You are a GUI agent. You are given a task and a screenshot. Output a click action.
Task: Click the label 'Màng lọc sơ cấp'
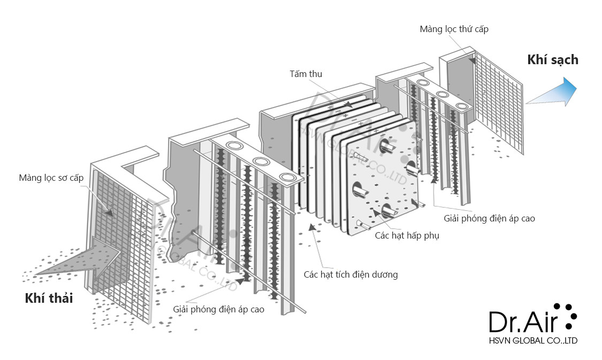pyautogui.click(x=51, y=178)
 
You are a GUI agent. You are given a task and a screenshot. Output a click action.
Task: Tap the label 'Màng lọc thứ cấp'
pyautogui.click(x=454, y=29)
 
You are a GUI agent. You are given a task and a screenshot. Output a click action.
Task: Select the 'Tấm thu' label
pyautogui.click(x=306, y=74)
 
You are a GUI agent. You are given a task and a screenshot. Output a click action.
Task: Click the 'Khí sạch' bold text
pyautogui.click(x=552, y=59)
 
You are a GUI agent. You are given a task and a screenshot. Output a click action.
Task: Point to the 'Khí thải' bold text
pyautogui.click(x=49, y=298)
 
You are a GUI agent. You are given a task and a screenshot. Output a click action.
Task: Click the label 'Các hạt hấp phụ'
pyautogui.click(x=407, y=235)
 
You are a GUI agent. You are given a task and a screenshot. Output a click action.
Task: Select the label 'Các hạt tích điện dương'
pyautogui.click(x=350, y=274)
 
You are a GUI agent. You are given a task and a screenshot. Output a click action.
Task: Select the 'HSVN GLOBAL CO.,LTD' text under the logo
pyautogui.click(x=534, y=340)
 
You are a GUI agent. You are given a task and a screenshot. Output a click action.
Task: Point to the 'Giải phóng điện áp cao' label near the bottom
pyautogui.click(x=218, y=309)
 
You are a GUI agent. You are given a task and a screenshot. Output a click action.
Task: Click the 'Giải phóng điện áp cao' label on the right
pyautogui.click(x=489, y=218)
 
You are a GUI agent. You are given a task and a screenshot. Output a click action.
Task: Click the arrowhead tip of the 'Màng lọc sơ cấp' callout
pyautogui.click(x=113, y=216)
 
